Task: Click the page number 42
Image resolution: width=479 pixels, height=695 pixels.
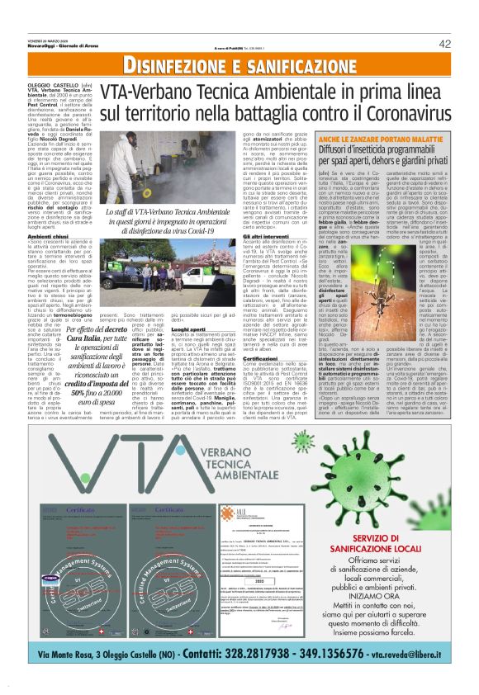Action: (443, 44)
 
